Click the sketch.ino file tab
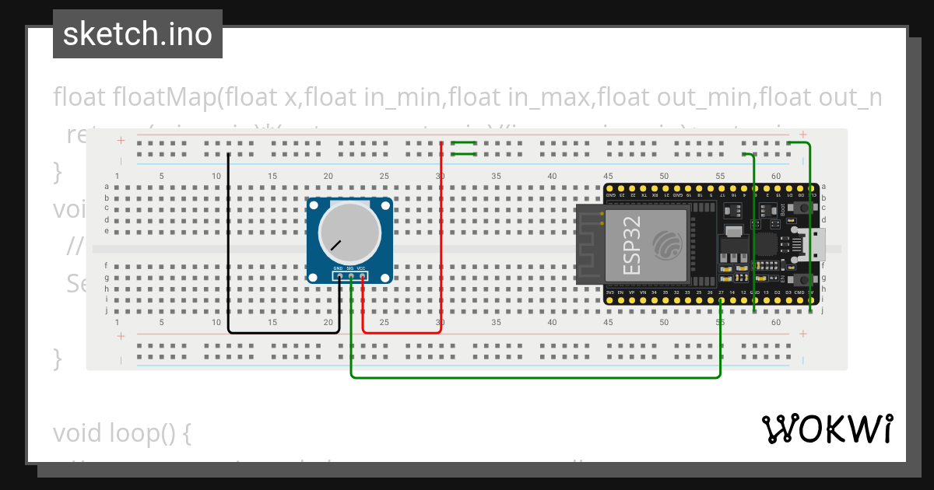click(138, 34)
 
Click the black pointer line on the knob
click(335, 246)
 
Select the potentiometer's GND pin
click(339, 275)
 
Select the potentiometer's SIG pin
click(351, 275)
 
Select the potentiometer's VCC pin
click(362, 275)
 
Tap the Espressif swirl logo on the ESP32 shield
click(668, 244)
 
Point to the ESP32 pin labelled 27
click(722, 299)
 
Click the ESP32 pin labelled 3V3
click(609, 299)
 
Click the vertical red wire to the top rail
click(441, 233)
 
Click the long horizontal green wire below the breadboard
click(537, 378)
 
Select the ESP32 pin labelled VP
click(632, 299)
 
